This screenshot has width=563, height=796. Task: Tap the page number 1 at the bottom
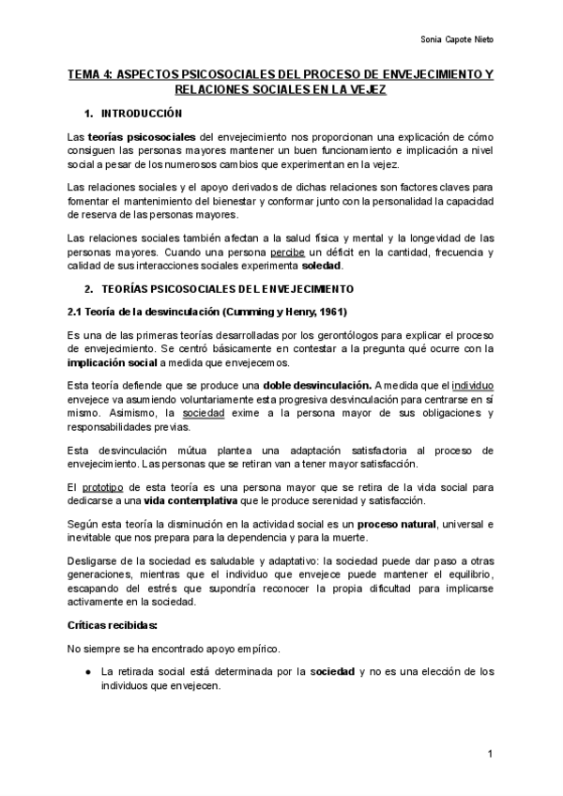pos(491,755)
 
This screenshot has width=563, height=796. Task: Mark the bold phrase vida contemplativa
pos(185,500)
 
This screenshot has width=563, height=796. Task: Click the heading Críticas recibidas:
pos(113,624)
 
